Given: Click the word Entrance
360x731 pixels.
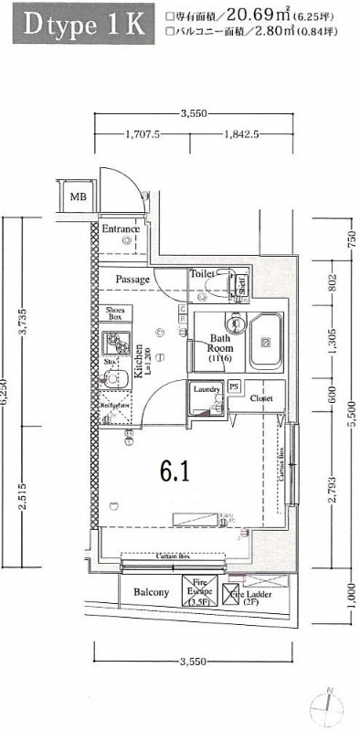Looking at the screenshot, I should (120, 228).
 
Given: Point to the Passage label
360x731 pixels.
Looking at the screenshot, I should (132, 279).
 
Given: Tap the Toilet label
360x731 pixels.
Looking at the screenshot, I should (202, 273).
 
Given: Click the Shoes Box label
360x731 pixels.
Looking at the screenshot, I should (115, 313).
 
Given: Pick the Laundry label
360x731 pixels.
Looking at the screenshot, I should (206, 389).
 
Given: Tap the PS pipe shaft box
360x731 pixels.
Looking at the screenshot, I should (234, 387).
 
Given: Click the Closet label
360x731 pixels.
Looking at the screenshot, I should (262, 398).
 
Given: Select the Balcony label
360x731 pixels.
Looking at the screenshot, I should (151, 592).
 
